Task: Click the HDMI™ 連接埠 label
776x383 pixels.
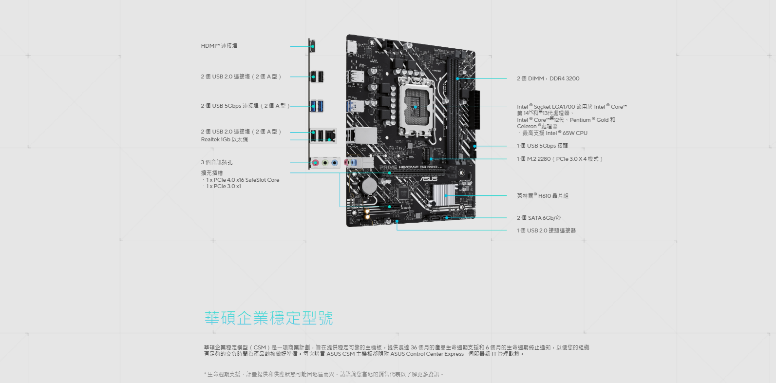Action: (x=219, y=46)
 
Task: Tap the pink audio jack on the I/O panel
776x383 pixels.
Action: (x=315, y=163)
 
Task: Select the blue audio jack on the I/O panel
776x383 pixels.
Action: (x=334, y=163)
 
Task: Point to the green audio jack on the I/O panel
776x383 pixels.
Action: (x=325, y=163)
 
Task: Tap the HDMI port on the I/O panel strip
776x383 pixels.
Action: (x=312, y=46)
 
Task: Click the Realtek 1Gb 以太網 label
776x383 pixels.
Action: (x=224, y=139)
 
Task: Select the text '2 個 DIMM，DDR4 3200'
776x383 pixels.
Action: (x=548, y=78)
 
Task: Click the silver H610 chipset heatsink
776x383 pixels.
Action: (x=444, y=195)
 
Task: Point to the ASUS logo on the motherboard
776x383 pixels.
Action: (x=429, y=179)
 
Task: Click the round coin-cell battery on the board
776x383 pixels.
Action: (x=369, y=186)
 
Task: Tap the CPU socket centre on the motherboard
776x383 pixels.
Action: (x=416, y=107)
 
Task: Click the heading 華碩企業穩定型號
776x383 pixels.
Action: (x=269, y=318)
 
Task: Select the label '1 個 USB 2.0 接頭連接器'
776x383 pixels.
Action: (x=547, y=230)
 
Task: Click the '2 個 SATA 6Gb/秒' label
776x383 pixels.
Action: (x=539, y=218)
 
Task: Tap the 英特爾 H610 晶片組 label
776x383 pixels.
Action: (x=543, y=196)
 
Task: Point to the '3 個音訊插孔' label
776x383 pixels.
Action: (x=216, y=162)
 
